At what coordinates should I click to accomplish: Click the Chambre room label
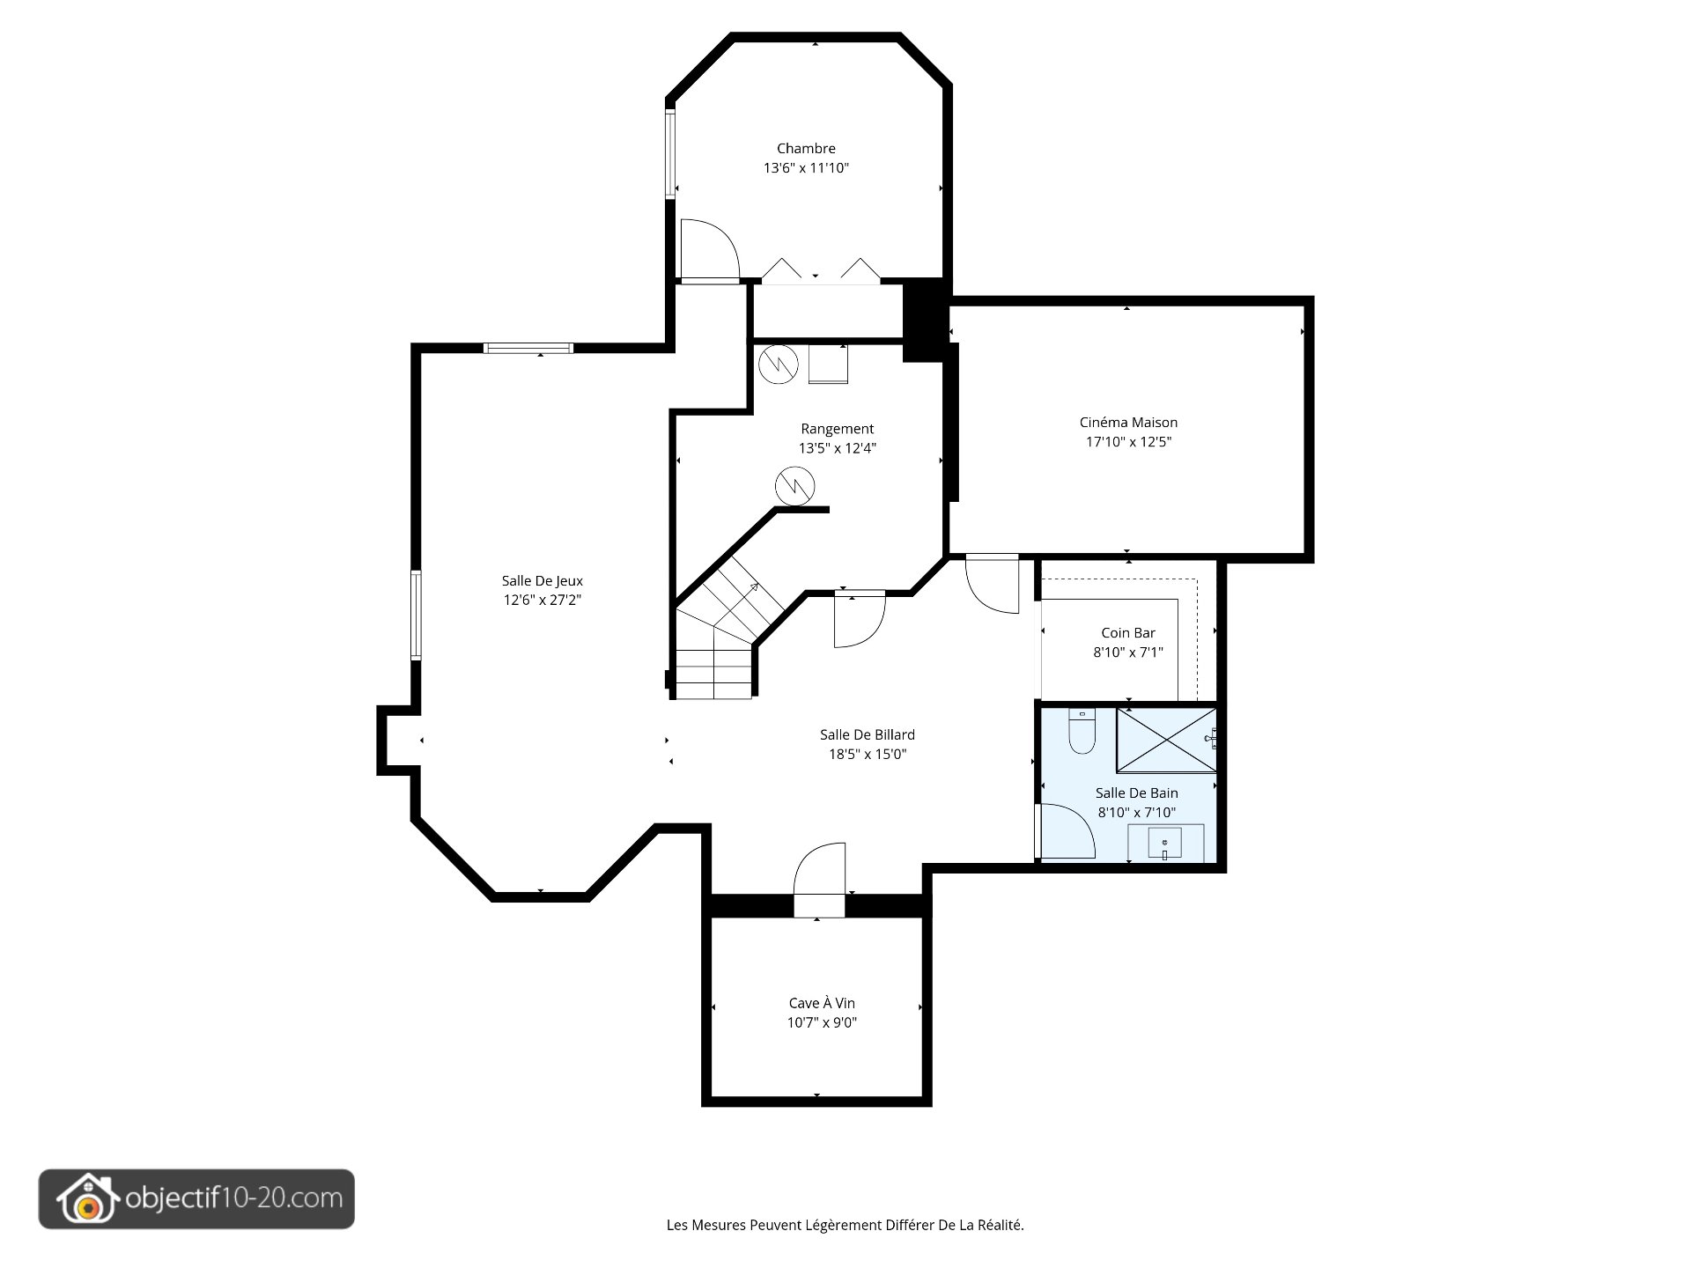[806, 149]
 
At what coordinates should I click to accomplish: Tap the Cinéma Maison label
[1128, 423]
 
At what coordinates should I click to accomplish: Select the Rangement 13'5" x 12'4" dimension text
[837, 448]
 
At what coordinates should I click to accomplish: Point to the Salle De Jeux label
[543, 581]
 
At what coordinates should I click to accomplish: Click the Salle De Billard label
[868, 735]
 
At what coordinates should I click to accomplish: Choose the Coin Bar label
[1128, 633]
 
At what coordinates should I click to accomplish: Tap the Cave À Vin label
[822, 1004]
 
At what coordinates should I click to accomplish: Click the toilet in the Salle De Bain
[1082, 731]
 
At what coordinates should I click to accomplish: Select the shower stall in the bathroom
[1166, 740]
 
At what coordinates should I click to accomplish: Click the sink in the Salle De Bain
[1165, 844]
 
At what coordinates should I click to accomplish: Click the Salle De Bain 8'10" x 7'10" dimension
[1136, 813]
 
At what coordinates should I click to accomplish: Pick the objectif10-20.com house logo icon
[86, 1199]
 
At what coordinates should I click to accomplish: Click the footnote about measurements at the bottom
[845, 1225]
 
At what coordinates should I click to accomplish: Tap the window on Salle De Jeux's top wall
[528, 348]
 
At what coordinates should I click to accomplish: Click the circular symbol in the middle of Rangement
[794, 486]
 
